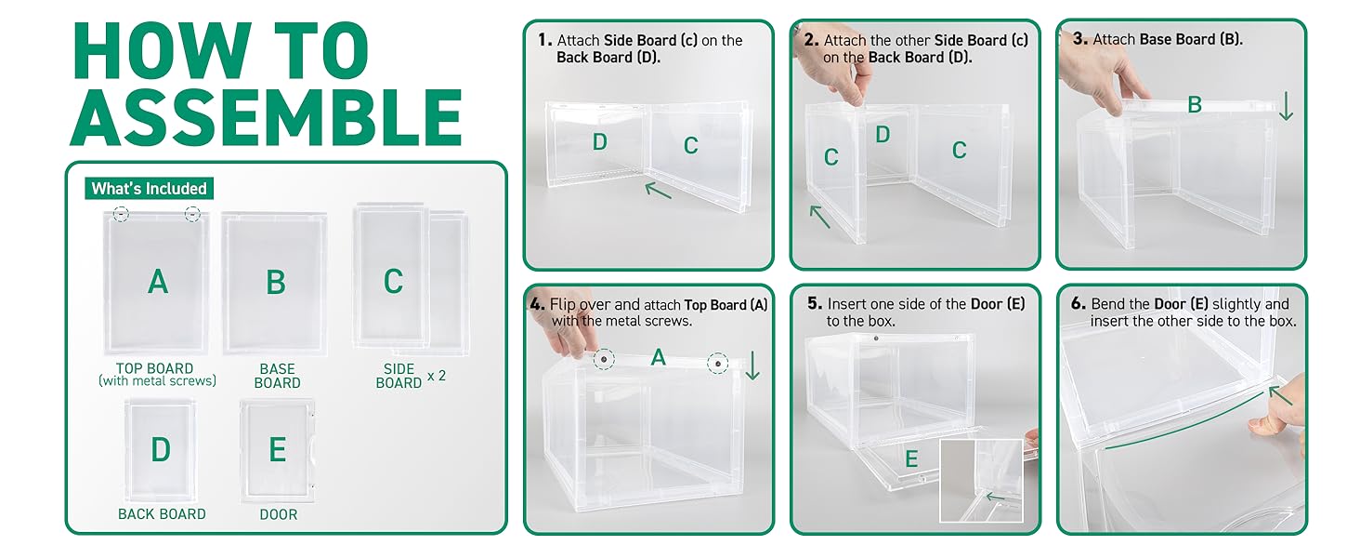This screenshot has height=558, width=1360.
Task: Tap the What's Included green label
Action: (149, 189)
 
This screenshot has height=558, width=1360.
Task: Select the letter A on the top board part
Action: (158, 281)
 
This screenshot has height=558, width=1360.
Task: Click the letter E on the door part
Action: (277, 450)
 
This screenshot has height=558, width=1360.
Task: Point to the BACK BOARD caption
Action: (162, 513)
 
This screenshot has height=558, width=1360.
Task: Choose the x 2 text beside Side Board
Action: (436, 376)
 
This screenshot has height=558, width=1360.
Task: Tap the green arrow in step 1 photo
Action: (659, 191)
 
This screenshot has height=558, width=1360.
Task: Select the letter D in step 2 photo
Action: (883, 136)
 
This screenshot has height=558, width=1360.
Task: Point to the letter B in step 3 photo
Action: (1195, 105)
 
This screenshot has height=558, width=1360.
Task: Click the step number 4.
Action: (537, 304)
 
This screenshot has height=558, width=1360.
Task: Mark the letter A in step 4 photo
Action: (658, 357)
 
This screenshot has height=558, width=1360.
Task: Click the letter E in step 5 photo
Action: (911, 458)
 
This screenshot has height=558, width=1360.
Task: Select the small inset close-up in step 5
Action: (982, 480)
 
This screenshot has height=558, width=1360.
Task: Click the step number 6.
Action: (1078, 304)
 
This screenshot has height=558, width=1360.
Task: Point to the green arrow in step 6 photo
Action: (1280, 398)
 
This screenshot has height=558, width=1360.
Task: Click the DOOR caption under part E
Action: (279, 513)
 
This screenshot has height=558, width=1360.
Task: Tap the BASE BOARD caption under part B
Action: (277, 376)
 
